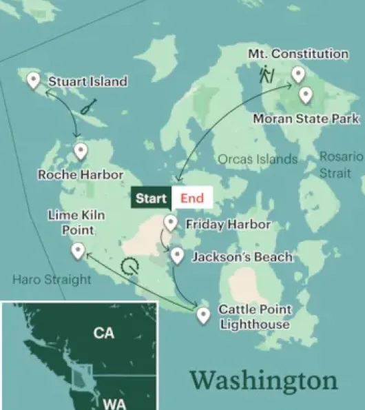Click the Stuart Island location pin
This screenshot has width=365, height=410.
[x=32, y=81]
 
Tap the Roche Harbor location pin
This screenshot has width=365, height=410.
[x=81, y=151]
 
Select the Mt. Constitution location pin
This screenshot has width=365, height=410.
[x=298, y=74]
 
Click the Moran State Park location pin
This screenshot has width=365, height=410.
[x=305, y=95]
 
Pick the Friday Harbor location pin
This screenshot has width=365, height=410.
[x=171, y=223]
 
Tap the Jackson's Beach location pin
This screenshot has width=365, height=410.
[x=177, y=256]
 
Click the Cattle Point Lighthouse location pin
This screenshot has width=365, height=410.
[x=203, y=316]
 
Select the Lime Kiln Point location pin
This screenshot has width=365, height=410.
[x=78, y=251]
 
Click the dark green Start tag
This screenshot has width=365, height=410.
[x=151, y=198]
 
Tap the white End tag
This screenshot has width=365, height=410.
[x=192, y=198]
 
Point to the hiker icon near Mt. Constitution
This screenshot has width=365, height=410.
[x=267, y=74]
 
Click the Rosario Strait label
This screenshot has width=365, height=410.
[x=340, y=165]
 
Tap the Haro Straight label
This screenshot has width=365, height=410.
[x=52, y=280]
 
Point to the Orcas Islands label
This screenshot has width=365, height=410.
[x=258, y=159]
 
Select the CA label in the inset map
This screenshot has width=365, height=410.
[x=104, y=334]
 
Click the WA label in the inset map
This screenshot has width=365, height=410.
[x=114, y=403]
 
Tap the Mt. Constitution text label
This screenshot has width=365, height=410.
[x=298, y=54]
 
